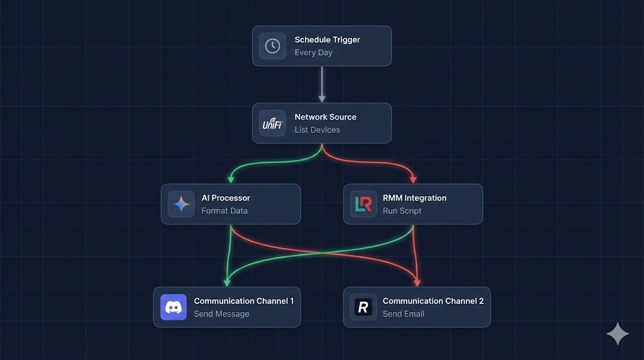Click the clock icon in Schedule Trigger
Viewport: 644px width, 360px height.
(x=272, y=46)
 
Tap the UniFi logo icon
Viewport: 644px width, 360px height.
(x=272, y=123)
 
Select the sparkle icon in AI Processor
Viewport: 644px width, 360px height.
(x=181, y=204)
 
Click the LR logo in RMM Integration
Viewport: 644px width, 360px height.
(x=363, y=204)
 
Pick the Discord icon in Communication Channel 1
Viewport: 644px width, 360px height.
(x=173, y=307)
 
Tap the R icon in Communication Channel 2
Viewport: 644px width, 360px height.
(x=363, y=307)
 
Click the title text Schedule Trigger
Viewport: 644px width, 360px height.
(x=327, y=40)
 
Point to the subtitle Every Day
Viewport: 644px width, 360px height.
(x=313, y=53)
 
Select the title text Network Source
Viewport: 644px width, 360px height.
(x=325, y=117)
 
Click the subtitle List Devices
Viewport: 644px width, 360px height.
(x=317, y=130)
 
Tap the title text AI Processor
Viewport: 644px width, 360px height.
(x=226, y=198)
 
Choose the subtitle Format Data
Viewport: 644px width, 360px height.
(x=225, y=211)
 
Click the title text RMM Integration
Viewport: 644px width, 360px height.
(x=414, y=198)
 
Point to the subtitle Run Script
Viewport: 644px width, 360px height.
(x=402, y=211)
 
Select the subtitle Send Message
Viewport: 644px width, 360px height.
(x=221, y=314)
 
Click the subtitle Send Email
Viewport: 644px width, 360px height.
(x=403, y=314)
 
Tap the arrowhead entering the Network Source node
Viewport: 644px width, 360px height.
(x=322, y=98)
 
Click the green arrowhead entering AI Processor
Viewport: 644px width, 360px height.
(x=231, y=179)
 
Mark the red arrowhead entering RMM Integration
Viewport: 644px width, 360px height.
(x=413, y=179)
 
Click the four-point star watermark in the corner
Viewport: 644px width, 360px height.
(x=617, y=334)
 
